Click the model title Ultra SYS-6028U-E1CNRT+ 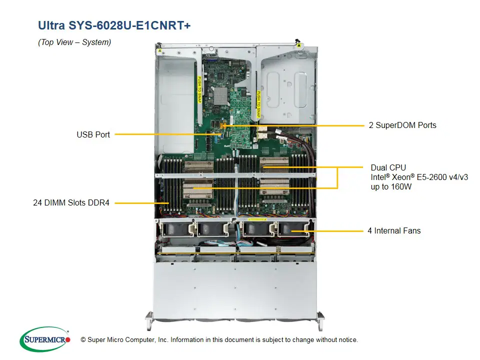point(114,25)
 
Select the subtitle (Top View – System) point(74,42)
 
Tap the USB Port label point(93,134)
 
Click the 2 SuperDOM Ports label point(402,125)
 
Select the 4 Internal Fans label point(394,230)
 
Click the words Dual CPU point(388,167)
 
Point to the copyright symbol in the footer point(83,340)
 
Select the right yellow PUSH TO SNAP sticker point(258,103)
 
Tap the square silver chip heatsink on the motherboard point(220,95)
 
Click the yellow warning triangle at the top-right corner point(299,45)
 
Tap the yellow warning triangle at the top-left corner point(159,50)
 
